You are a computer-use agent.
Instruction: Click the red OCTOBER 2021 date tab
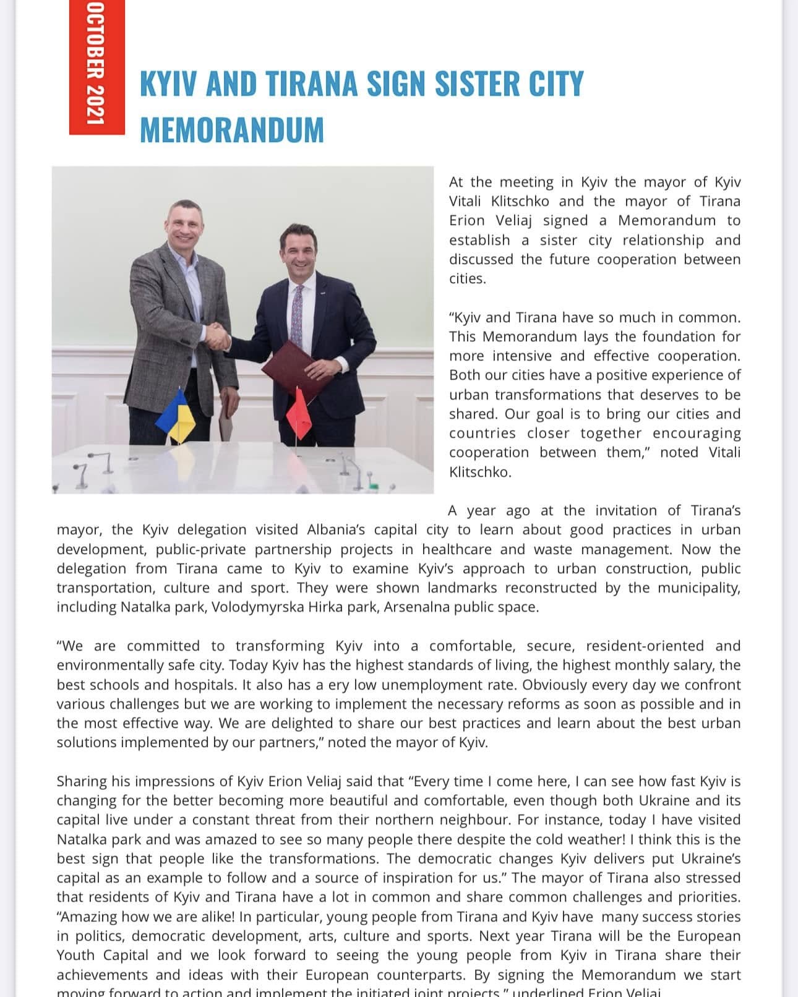coord(97,67)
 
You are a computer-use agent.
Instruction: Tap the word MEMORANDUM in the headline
coord(232,129)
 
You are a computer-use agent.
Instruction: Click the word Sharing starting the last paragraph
coord(81,781)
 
